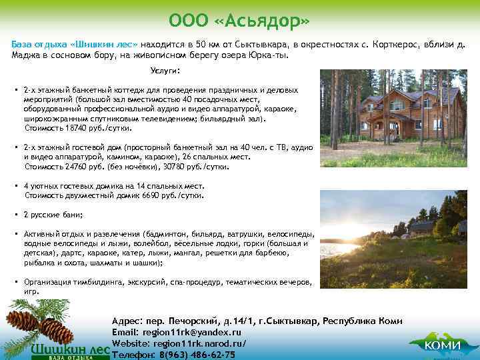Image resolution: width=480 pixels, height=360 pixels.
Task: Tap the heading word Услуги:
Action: (165, 71)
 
